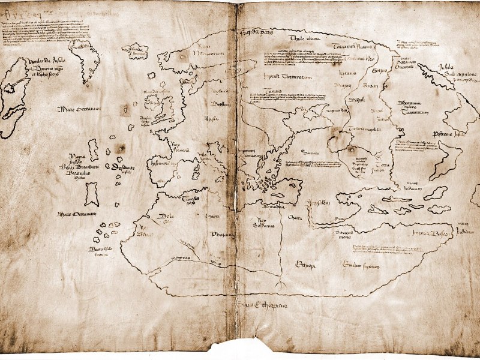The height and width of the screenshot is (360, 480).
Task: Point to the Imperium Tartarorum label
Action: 281,77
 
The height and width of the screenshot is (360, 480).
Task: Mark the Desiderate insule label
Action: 119,169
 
